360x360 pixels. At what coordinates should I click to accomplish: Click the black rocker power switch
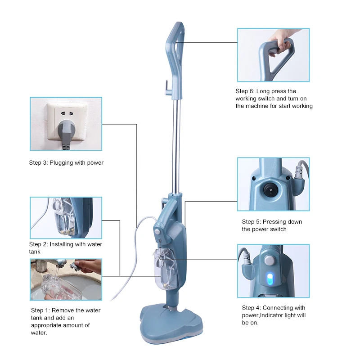tap(270, 190)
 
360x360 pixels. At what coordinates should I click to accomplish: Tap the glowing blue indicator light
tap(270, 279)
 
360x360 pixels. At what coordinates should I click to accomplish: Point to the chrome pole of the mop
tap(176, 146)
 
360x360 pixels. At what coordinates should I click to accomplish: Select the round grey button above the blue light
tap(270, 261)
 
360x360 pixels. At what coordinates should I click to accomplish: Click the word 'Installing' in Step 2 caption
tap(61, 244)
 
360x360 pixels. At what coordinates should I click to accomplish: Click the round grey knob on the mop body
tap(157, 231)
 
